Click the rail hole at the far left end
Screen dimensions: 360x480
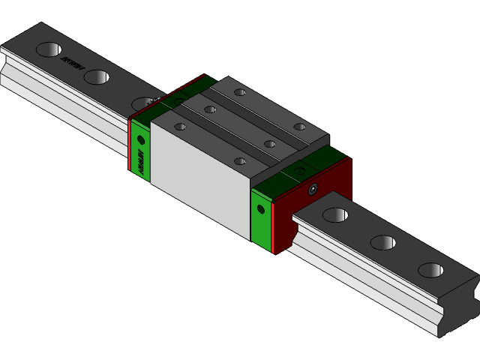(48, 49)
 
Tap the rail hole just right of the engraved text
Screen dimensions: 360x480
(97, 76)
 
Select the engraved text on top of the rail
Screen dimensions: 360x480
(72, 64)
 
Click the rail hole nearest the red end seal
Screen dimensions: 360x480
(334, 215)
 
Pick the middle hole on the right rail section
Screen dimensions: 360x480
(382, 242)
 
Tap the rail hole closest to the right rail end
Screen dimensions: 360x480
(430, 270)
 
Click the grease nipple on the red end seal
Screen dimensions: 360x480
(313, 189)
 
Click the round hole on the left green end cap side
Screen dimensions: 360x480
(140, 139)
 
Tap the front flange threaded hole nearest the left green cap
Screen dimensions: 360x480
(180, 127)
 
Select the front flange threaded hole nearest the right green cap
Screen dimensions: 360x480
(239, 160)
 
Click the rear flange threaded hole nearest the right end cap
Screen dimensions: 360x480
(299, 127)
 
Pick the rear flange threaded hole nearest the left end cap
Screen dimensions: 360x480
(239, 92)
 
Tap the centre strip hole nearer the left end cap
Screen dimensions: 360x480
(210, 109)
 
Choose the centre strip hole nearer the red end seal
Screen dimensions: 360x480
(269, 143)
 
